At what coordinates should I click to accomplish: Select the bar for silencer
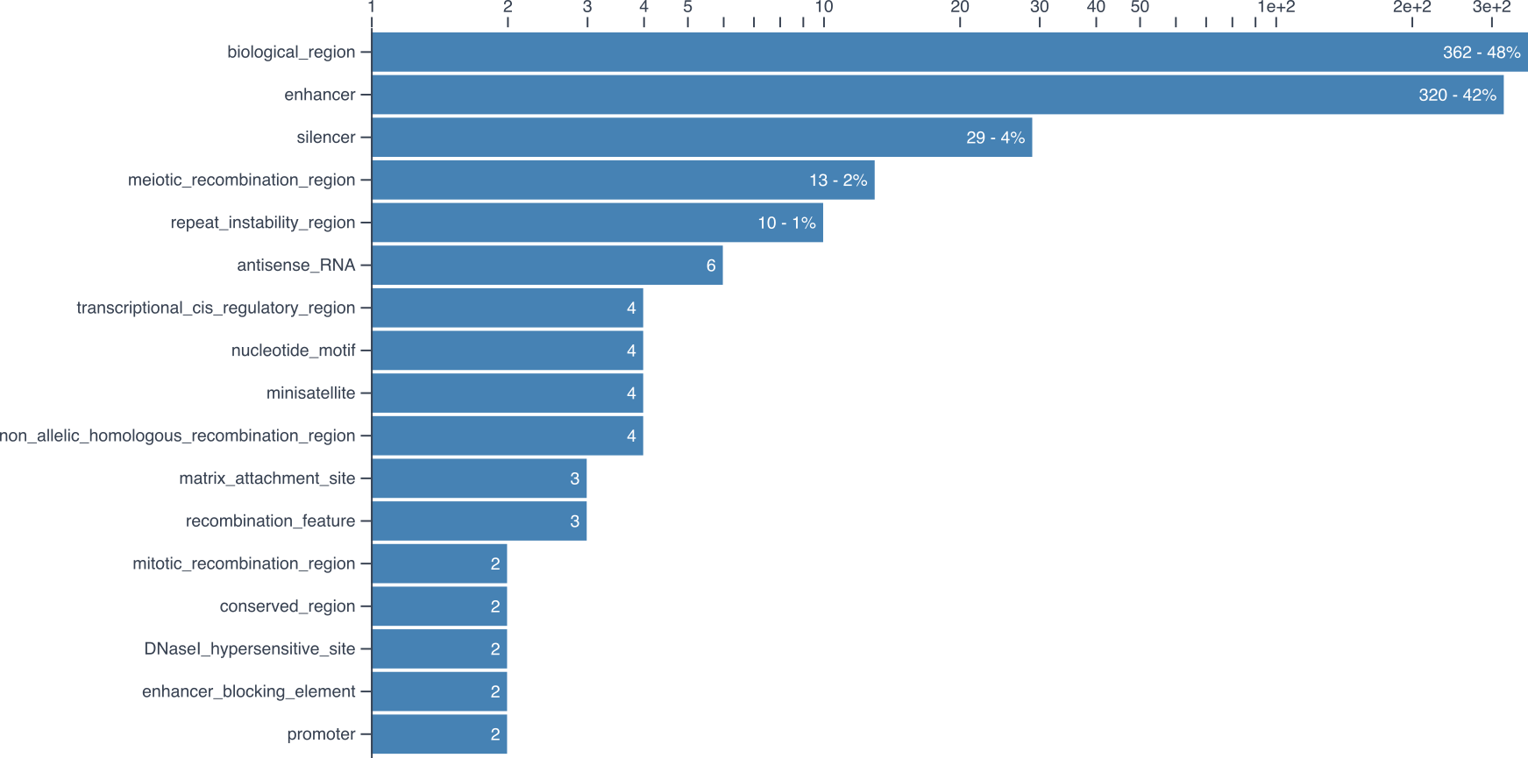701,138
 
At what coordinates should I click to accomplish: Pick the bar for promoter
438,734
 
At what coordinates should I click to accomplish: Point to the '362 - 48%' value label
1482,53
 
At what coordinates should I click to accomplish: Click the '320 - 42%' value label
1457,95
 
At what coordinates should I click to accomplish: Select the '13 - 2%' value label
838,181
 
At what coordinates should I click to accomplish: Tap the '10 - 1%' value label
786,223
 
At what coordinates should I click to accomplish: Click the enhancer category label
320,95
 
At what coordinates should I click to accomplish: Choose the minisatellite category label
310,393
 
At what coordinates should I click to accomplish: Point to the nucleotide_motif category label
293,351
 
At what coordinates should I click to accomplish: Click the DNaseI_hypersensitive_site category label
249,649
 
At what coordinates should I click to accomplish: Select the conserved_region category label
287,606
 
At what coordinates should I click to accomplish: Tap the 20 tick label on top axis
960,8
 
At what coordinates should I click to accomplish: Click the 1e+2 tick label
1276,8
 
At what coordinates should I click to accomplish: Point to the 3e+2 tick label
1491,8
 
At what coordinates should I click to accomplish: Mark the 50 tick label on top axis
1140,8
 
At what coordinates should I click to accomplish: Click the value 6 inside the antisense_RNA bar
711,266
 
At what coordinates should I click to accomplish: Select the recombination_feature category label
270,521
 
